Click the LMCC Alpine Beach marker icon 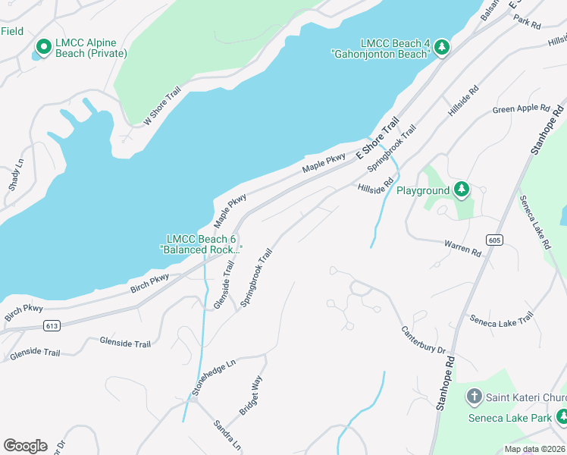click(42, 48)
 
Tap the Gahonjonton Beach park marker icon click(442, 48)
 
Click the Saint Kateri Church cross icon click(474, 396)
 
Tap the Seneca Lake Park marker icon click(562, 417)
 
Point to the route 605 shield click(495, 240)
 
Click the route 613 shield click(52, 326)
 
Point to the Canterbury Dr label click(422, 339)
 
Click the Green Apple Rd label click(521, 109)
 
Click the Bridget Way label click(250, 395)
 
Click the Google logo click(25, 446)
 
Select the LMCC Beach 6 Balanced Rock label click(201, 244)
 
